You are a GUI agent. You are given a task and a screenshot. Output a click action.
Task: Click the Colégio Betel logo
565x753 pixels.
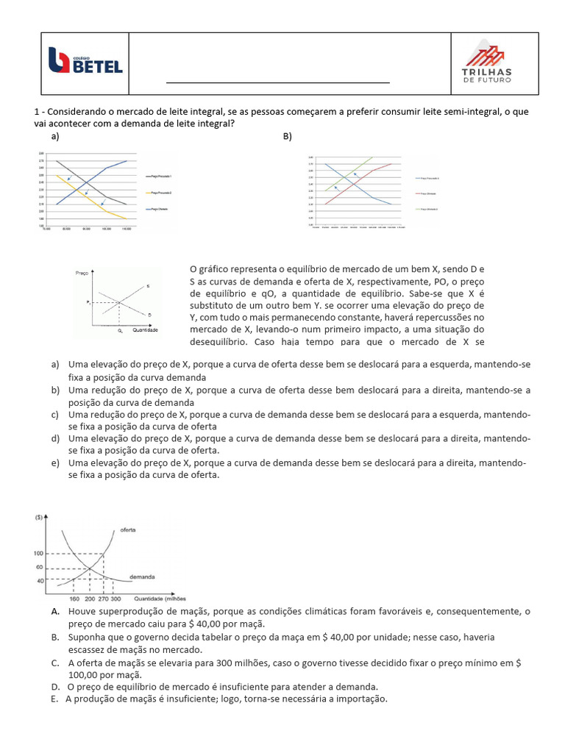tap(85, 60)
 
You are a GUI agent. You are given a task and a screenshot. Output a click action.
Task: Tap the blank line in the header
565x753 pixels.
tap(277, 83)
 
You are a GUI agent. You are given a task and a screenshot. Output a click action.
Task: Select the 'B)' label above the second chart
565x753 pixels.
tap(288, 136)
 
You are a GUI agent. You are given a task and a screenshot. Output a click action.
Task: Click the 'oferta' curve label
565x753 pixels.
tap(128, 529)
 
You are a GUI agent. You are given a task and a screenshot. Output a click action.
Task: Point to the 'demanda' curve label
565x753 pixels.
tap(142, 577)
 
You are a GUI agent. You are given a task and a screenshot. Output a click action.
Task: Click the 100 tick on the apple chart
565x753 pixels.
tap(38, 553)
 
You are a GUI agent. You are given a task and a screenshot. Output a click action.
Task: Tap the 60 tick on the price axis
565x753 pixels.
tap(40, 567)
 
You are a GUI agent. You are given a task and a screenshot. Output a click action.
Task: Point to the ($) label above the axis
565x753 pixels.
tap(38, 518)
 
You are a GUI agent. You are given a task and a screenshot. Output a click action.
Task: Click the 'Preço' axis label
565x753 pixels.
tap(82, 273)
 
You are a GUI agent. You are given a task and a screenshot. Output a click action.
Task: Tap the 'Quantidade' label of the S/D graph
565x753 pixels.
tap(145, 330)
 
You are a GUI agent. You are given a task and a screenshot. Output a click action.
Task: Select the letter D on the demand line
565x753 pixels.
tap(149, 314)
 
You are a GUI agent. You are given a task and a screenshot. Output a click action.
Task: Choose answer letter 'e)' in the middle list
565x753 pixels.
tap(55, 463)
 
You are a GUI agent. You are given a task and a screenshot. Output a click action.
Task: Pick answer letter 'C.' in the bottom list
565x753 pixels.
tap(56, 663)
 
